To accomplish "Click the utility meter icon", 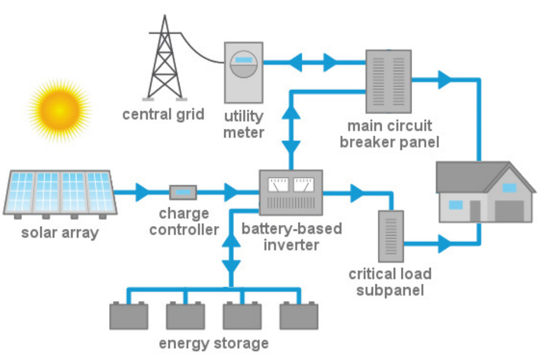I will (243, 72).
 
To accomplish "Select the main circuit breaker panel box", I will (388, 80).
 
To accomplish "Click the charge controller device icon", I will (183, 192).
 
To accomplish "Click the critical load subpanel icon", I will (391, 236).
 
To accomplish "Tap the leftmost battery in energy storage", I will (129, 316).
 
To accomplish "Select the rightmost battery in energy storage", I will (298, 316).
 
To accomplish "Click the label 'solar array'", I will (59, 232).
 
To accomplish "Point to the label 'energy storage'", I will (213, 343).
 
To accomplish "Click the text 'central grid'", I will (163, 114).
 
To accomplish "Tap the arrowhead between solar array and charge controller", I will (142, 192).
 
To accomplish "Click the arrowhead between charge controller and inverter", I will (231, 192).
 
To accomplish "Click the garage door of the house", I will (512, 210).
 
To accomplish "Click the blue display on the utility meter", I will (243, 60).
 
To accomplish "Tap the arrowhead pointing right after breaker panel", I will (445, 80).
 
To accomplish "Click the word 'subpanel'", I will (391, 291).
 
